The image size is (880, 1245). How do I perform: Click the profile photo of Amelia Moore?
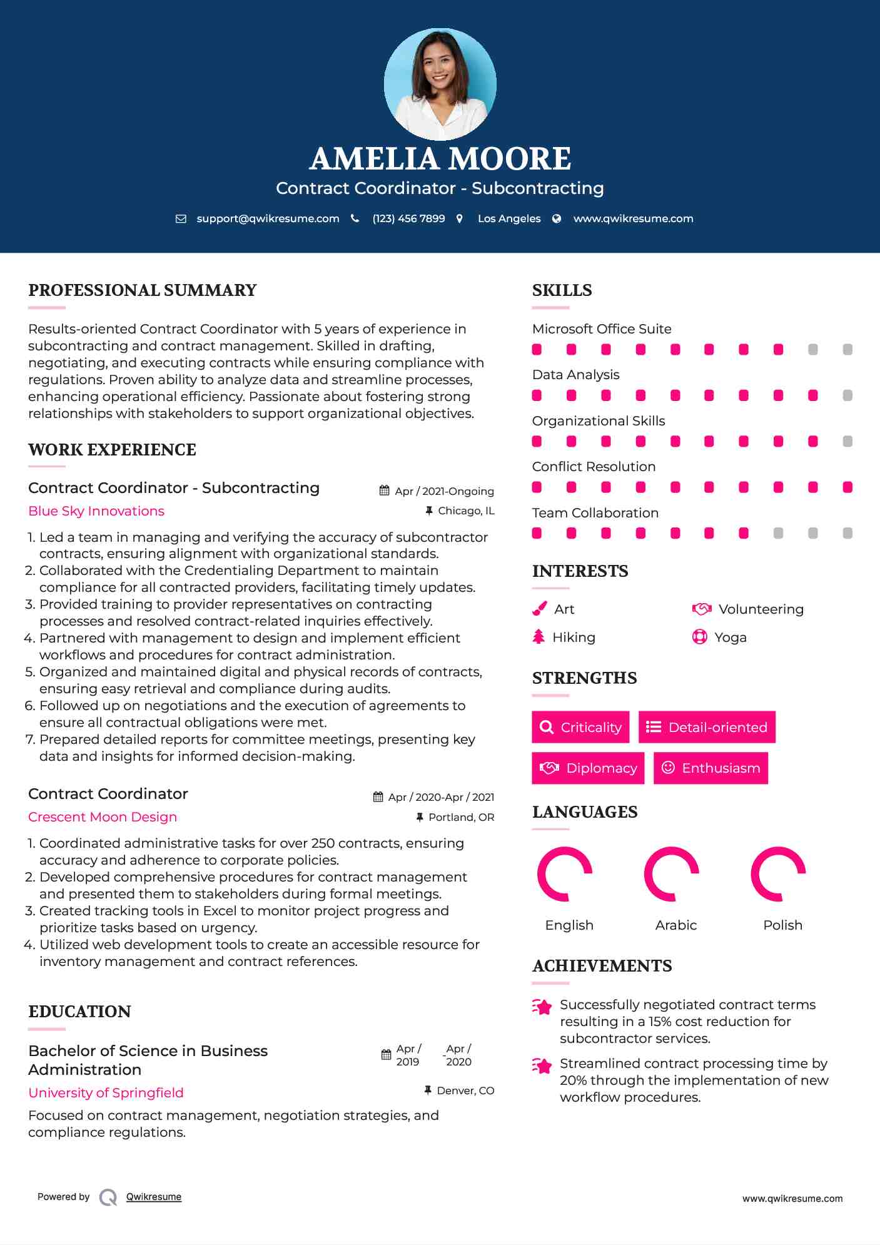tap(440, 84)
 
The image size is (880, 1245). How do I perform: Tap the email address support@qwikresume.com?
tap(268, 218)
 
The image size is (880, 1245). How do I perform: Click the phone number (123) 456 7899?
tap(408, 218)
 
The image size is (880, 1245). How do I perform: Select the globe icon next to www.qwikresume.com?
tap(557, 218)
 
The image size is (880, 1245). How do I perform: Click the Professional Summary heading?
tap(143, 290)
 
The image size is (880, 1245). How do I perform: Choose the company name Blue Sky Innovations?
tap(96, 511)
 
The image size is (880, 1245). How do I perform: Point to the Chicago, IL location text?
tap(466, 511)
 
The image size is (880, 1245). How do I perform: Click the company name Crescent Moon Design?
tap(103, 817)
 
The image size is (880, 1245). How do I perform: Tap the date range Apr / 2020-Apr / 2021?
tap(441, 797)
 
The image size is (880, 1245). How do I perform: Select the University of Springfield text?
tap(106, 1093)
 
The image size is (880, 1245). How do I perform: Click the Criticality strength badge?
tap(580, 727)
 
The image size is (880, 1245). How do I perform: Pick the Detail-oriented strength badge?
tap(707, 727)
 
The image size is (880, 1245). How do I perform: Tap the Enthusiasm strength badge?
tap(711, 768)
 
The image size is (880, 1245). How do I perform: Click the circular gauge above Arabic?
tap(672, 874)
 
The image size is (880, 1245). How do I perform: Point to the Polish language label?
tap(782, 925)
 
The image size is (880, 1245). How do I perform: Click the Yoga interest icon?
tap(699, 637)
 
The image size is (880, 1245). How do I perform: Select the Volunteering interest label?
tap(761, 609)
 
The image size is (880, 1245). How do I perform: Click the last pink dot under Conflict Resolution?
tap(847, 487)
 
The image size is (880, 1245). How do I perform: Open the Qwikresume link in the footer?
tap(154, 1197)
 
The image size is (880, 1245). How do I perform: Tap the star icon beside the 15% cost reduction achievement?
tap(542, 1007)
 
